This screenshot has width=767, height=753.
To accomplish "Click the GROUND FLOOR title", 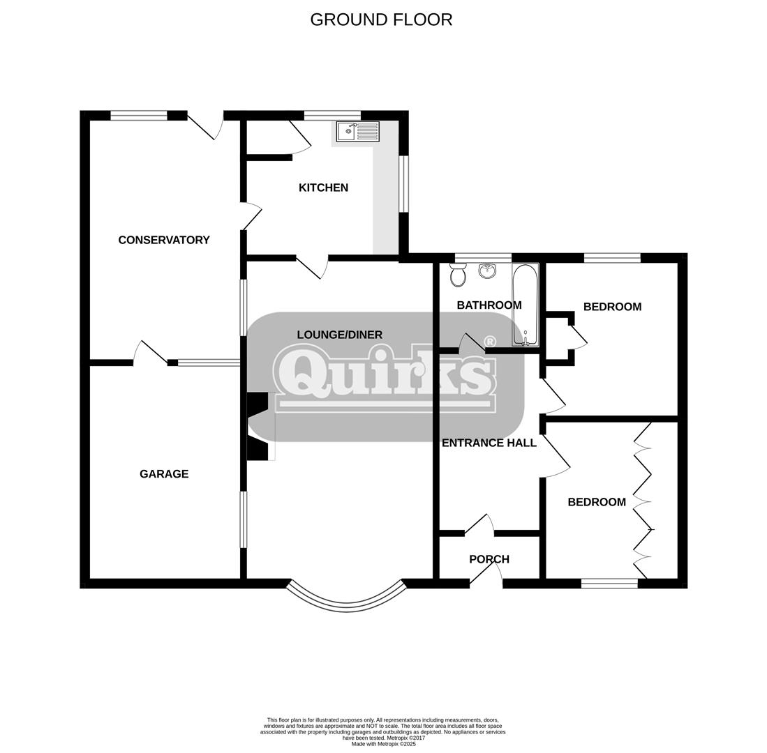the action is click(x=381, y=20).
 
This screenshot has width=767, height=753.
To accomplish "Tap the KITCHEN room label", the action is click(x=323, y=188).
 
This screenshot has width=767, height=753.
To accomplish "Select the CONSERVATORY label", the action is click(x=164, y=240).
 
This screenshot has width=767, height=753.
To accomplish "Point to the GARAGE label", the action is click(x=164, y=474).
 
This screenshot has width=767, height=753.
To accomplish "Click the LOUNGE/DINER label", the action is click(x=339, y=335).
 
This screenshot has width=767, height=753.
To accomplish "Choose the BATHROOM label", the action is click(x=489, y=305).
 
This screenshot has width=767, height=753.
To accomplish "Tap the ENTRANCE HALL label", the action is click(x=489, y=443).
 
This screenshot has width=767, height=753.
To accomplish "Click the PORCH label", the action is click(x=489, y=559).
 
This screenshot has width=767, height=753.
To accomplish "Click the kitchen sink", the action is click(x=358, y=132).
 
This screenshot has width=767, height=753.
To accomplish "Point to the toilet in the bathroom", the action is click(x=459, y=275).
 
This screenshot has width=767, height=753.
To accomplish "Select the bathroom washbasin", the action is click(x=487, y=271).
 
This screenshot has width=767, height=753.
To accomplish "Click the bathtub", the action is click(x=526, y=305).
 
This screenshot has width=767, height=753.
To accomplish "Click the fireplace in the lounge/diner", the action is click(x=259, y=426).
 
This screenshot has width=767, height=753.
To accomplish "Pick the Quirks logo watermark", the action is click(x=386, y=376).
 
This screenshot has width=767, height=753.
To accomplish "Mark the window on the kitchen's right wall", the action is click(x=403, y=184).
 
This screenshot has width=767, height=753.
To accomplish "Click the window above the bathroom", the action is click(x=483, y=258).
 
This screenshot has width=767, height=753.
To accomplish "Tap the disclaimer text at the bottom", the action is click(x=382, y=731).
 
